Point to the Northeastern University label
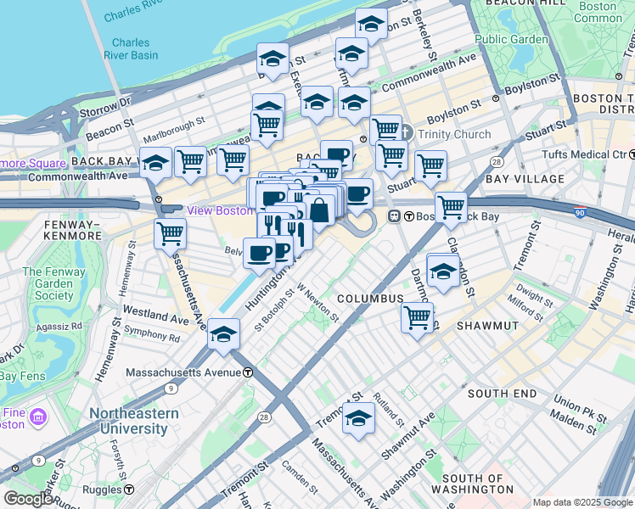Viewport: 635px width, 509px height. tap(135, 421)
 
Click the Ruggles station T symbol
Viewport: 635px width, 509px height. tap(128, 489)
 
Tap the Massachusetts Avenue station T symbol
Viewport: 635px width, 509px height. tap(248, 372)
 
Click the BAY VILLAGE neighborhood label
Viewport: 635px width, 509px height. tap(525, 179)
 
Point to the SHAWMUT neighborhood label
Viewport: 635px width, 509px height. tap(487, 326)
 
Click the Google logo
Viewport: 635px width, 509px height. tap(28, 499)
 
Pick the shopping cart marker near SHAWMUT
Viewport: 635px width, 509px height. tap(417, 317)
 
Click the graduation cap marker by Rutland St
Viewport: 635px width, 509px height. tap(358, 417)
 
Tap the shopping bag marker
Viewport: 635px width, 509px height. tap(320, 210)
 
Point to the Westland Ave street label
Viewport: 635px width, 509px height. tap(155, 314)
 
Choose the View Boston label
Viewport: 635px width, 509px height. tap(218, 210)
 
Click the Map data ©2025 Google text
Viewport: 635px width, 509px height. tap(582, 502)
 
